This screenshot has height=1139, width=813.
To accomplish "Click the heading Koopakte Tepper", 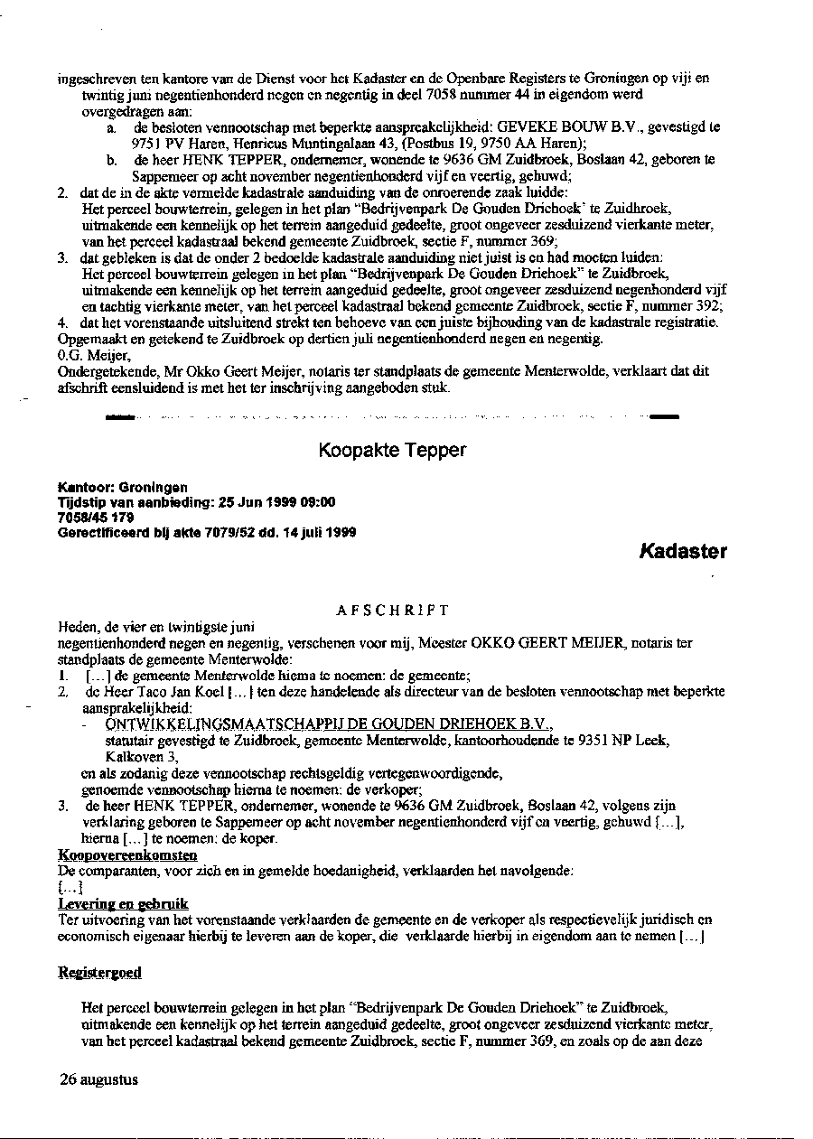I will click(x=393, y=450).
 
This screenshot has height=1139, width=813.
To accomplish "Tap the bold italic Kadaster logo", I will click(x=683, y=551).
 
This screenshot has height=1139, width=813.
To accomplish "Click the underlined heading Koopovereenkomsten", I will click(x=115, y=854).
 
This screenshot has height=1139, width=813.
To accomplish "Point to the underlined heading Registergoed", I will click(x=99, y=972).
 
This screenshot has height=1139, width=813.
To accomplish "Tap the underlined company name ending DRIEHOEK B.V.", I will click(x=328, y=724).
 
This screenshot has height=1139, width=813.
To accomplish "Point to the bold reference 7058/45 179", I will click(x=96, y=518).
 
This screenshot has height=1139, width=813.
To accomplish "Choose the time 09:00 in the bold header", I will click(x=319, y=503).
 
